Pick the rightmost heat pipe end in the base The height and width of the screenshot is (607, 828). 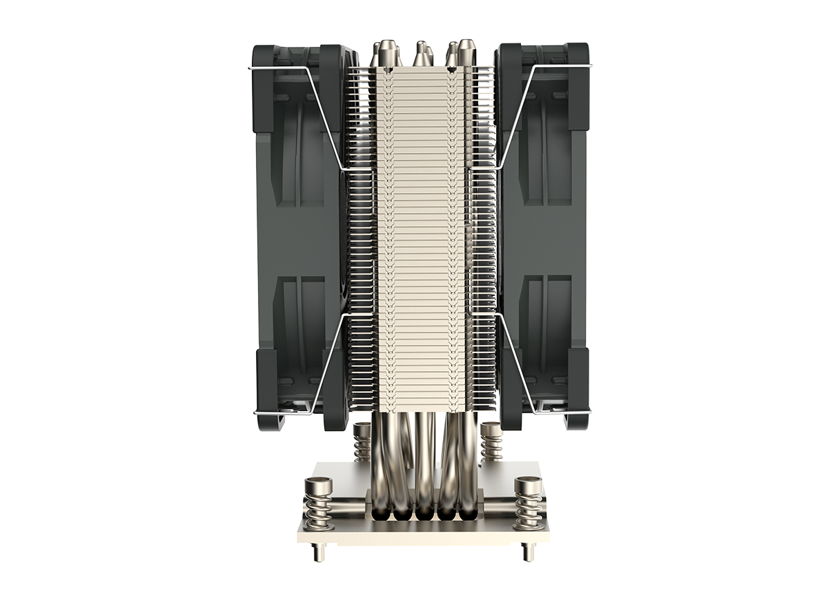468,513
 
